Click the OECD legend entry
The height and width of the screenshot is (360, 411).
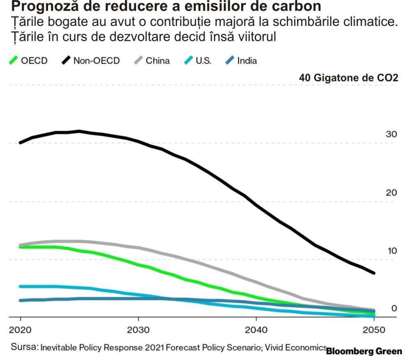28,61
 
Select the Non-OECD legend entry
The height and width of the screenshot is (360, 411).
91,61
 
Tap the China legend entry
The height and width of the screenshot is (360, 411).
152,61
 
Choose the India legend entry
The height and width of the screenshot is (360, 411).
241,61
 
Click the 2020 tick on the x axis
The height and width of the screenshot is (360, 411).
20,330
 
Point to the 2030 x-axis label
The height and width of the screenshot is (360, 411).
138,330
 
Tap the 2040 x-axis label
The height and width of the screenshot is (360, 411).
256,330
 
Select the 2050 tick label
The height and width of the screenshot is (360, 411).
374,330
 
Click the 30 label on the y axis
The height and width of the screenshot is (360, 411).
391,134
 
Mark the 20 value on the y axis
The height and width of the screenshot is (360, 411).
391,193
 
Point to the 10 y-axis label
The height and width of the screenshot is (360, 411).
391,251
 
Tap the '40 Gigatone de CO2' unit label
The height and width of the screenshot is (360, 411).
349,78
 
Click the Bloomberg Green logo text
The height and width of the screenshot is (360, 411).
364,352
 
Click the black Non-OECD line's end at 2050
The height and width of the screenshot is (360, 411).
374,273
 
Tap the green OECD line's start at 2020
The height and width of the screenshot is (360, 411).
21,247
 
